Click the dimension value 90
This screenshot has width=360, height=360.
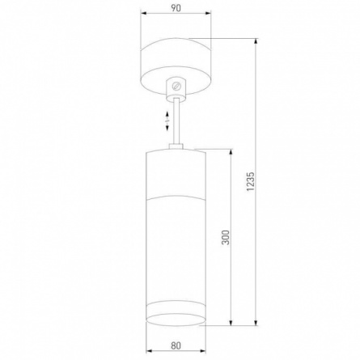tap(176, 7)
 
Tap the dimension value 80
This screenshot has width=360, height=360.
tap(176, 346)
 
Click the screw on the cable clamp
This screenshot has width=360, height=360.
tap(176, 85)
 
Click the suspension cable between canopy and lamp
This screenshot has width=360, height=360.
tap(176, 121)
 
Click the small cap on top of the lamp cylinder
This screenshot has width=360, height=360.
tap(176, 146)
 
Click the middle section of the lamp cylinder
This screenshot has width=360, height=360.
tap(176, 251)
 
